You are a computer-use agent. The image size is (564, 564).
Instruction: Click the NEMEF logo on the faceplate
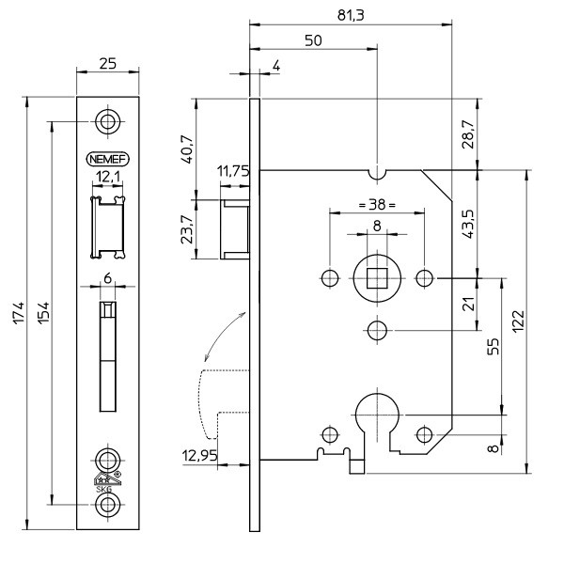point(109,159)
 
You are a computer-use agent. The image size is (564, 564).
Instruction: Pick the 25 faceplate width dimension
point(109,66)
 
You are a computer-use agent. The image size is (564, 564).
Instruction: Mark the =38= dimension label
point(376,203)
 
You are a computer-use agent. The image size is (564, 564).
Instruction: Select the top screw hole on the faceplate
point(109,124)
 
